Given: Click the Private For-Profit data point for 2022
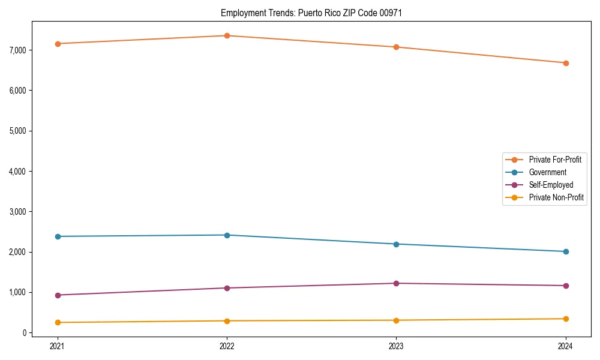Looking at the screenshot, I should pyautogui.click(x=227, y=35).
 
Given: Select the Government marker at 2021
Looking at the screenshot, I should pyautogui.click(x=58, y=236).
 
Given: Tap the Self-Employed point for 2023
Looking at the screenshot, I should pyautogui.click(x=396, y=283).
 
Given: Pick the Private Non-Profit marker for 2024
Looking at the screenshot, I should pyautogui.click(x=565, y=319).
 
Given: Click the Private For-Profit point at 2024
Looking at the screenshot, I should pyautogui.click(x=565, y=63).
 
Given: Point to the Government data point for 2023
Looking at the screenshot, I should pyautogui.click(x=396, y=244).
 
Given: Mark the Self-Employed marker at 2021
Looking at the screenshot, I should pyautogui.click(x=58, y=295).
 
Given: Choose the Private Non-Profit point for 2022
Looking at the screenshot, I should pyautogui.click(x=227, y=321).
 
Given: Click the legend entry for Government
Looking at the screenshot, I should pyautogui.click(x=547, y=172).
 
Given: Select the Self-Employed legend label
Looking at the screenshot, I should pyautogui.click(x=551, y=185).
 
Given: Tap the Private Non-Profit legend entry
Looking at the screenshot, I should pyautogui.click(x=556, y=197).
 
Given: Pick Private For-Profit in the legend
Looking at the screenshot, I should pyautogui.click(x=555, y=160).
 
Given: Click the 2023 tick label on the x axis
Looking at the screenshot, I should pyautogui.click(x=396, y=346).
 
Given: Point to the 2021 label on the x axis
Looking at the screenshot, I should pyautogui.click(x=58, y=346).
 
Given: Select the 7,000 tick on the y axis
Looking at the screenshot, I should pyautogui.click(x=17, y=50).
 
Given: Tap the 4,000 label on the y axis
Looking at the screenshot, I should pyautogui.click(x=17, y=171).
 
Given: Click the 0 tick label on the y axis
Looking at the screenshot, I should pyautogui.click(x=24, y=333).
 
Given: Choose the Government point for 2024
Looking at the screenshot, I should pyautogui.click(x=565, y=251).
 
